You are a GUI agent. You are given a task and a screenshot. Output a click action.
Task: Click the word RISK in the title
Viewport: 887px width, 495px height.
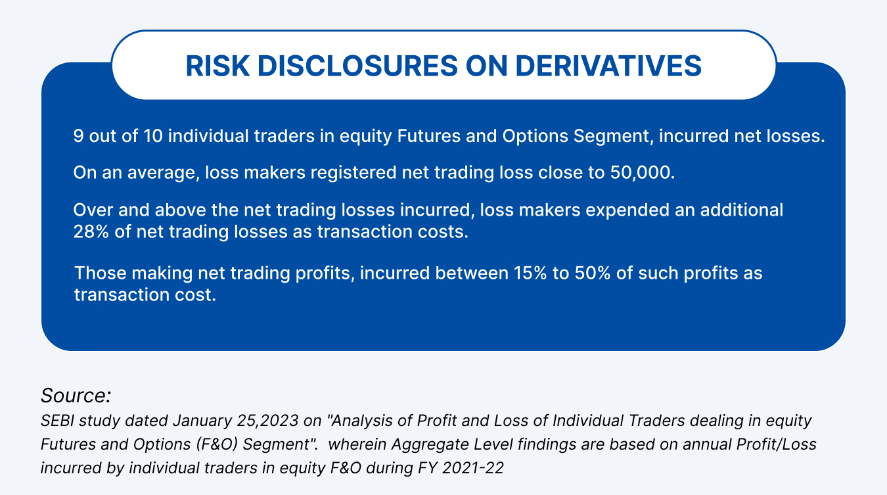coord(217,66)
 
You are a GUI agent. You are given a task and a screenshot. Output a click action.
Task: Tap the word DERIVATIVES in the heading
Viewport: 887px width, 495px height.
coord(608,66)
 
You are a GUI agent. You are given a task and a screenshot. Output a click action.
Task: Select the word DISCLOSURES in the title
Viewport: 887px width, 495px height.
coord(357,66)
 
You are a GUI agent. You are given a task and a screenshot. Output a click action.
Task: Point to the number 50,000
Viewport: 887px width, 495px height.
coord(643,172)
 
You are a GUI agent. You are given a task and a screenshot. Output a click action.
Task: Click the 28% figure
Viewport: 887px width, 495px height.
coord(91,231)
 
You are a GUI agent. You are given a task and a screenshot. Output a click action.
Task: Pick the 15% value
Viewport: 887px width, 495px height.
coord(530,273)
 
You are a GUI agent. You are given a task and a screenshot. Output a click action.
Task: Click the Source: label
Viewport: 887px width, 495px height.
coord(76,396)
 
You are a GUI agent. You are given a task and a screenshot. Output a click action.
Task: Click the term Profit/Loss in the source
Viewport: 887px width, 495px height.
coord(777,444)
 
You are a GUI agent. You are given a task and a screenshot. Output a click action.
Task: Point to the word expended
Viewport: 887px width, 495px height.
coord(627,210)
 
